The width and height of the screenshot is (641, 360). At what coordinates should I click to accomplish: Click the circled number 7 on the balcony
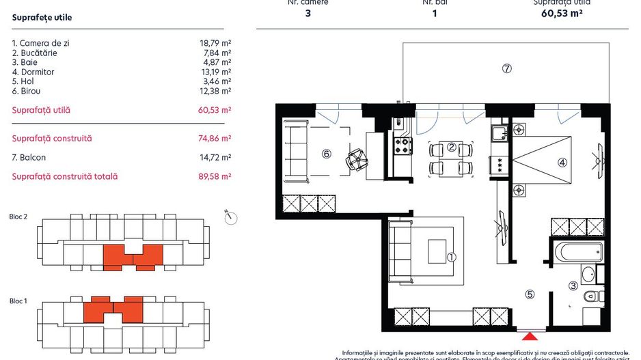506,68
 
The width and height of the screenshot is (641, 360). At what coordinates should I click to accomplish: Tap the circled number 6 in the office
327,154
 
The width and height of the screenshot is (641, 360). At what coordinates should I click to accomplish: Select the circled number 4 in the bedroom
562,163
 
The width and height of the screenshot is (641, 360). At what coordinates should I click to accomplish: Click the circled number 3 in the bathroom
574,286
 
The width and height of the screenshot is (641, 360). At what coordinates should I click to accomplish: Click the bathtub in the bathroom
577,251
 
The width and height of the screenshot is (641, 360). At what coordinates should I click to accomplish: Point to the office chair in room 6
357,160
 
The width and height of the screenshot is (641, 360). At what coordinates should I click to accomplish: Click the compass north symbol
230,218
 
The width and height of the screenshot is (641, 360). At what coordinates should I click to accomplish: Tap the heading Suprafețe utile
42,18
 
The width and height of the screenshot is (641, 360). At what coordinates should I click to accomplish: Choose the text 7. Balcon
29,158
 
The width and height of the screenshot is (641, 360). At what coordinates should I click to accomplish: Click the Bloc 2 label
18,217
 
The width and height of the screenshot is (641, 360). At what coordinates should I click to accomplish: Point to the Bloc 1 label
18,301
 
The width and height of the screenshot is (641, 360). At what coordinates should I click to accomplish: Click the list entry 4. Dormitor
33,72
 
